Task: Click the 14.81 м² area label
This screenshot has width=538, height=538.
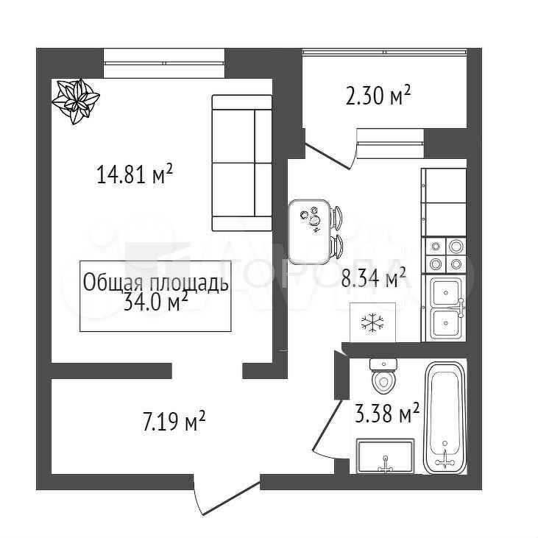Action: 135,174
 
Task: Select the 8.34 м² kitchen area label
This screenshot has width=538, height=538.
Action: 374,278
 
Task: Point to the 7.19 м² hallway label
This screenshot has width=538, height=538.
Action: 174,421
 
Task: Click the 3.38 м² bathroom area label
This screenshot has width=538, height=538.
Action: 386,413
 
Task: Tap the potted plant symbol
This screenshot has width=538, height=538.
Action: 76,101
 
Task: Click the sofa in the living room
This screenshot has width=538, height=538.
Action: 242,163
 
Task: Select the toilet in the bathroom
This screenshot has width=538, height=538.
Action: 383,376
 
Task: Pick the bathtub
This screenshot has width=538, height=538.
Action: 445,418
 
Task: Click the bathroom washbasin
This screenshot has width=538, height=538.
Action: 385,456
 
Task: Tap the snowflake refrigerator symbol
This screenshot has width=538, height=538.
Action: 372,323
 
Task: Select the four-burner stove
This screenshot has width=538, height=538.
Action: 446,255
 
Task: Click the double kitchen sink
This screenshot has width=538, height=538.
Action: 446,309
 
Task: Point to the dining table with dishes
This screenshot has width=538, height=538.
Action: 310,232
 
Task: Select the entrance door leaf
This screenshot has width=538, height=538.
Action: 232,498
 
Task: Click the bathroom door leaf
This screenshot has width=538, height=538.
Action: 328,425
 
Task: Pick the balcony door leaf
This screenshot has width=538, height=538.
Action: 328,157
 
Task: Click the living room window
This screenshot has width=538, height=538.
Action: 164,63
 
